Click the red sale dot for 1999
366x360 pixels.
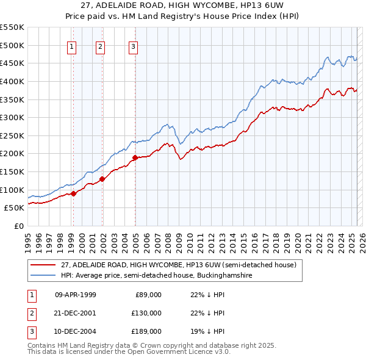pyautogui.click(x=73, y=193)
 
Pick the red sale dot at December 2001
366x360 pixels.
pyautogui.click(x=102, y=179)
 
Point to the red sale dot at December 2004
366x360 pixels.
pyautogui.click(x=135, y=157)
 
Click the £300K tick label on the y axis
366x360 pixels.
pyautogui.click(x=12, y=117)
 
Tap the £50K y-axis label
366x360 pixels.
pyautogui.click(x=14, y=208)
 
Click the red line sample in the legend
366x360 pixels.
pyautogui.click(x=43, y=265)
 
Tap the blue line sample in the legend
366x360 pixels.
pyautogui.click(x=43, y=276)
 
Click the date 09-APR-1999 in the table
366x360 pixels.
pyautogui.click(x=76, y=295)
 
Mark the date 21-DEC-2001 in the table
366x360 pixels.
pyautogui.click(x=76, y=313)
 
